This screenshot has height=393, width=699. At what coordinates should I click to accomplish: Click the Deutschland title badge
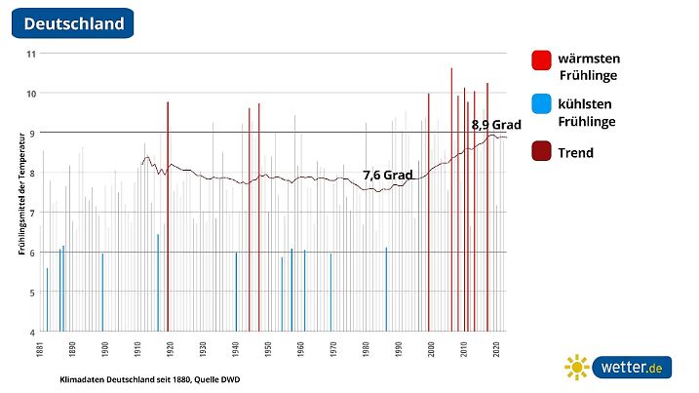point(74,22)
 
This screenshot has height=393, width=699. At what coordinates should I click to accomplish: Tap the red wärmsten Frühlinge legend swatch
point(542,60)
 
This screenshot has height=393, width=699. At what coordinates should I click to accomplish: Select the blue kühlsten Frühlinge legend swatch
point(542,104)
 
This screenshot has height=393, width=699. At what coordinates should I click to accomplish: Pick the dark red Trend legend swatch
point(542,152)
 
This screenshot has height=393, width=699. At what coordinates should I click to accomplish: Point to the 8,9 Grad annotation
point(496,125)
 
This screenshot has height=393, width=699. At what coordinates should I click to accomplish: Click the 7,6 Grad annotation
point(388,176)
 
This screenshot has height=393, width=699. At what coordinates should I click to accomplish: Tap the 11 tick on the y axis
point(30,54)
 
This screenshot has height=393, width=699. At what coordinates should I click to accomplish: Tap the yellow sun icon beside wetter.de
point(577,368)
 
